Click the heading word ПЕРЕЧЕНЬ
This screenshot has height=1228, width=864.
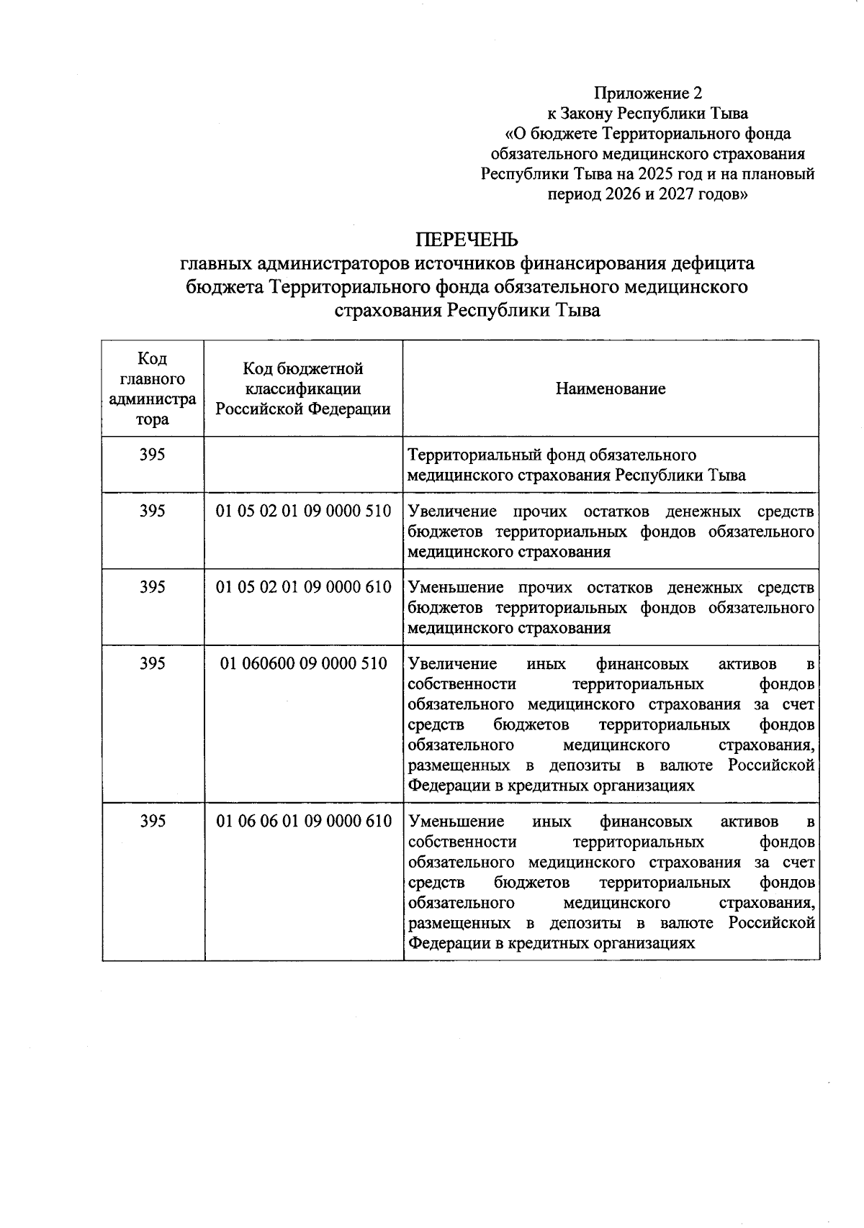coord(467,239)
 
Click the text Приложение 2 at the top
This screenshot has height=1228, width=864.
coord(647,93)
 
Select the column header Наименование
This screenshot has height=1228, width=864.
coord(611,388)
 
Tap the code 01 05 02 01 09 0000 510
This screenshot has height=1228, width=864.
coord(303,511)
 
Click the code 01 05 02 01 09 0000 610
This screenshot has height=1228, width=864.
coord(303,587)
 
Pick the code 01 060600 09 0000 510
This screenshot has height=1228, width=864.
coord(303,663)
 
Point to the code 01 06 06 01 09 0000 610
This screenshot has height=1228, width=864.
coord(303,821)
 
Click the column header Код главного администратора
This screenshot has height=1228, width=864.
coord(152,388)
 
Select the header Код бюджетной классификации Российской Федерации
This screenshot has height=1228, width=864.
coord(303,388)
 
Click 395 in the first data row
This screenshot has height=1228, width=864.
coord(152,455)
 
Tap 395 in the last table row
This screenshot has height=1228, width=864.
coord(152,821)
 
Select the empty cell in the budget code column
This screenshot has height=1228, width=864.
coord(303,465)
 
